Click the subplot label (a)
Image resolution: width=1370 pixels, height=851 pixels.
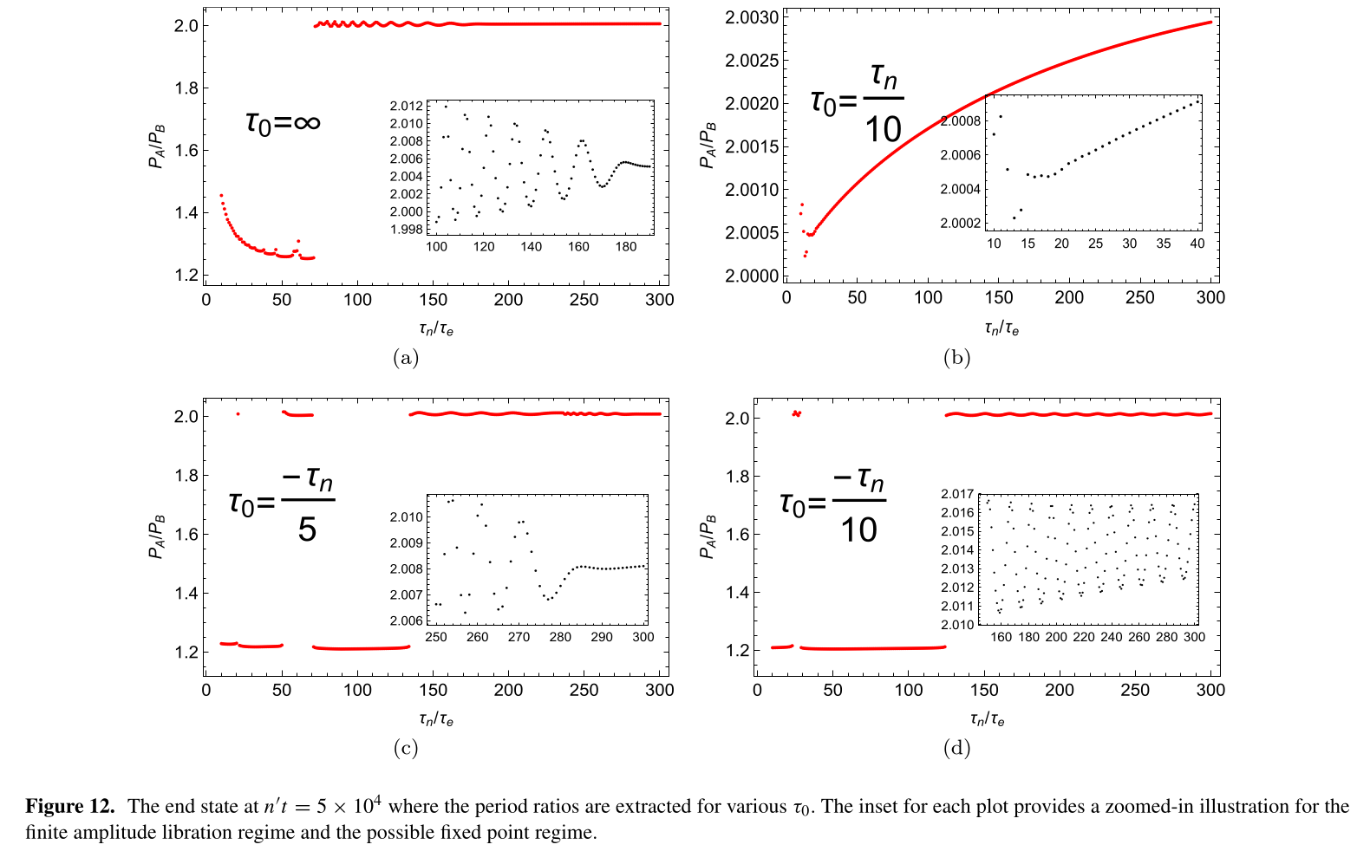point(405,357)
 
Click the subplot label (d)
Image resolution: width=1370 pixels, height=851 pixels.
point(956,748)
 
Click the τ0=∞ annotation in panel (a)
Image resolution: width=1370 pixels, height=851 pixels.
point(283,123)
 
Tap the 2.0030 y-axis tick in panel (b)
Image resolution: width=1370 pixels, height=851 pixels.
point(752,17)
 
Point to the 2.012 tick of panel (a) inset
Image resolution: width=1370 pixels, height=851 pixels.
point(406,106)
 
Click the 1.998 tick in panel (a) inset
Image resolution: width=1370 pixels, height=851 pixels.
point(406,230)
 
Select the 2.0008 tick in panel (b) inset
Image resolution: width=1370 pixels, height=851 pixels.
point(961,121)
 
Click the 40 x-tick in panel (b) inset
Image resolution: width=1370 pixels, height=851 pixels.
point(1197,244)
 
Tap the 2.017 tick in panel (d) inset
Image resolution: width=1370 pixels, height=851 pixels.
point(957,494)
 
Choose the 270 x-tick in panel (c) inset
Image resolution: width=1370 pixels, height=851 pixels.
point(519,637)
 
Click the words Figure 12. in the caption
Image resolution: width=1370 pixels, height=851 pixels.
point(69,806)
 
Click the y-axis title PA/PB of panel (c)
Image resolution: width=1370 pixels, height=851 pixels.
point(157,537)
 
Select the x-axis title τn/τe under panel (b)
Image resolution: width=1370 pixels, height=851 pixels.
point(1001,328)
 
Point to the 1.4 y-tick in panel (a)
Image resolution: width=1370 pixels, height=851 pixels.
point(186,213)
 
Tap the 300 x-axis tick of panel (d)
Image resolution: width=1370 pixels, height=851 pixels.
point(1210,690)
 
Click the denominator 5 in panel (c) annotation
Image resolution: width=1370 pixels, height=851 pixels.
point(307,529)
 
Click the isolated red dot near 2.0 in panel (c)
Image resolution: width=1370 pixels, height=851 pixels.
point(238,414)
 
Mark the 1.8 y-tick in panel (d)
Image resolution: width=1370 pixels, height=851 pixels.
point(737,476)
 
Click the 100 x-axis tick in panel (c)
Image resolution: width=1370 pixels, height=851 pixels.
point(357,690)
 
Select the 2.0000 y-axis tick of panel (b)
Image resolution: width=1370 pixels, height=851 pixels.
point(752,276)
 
